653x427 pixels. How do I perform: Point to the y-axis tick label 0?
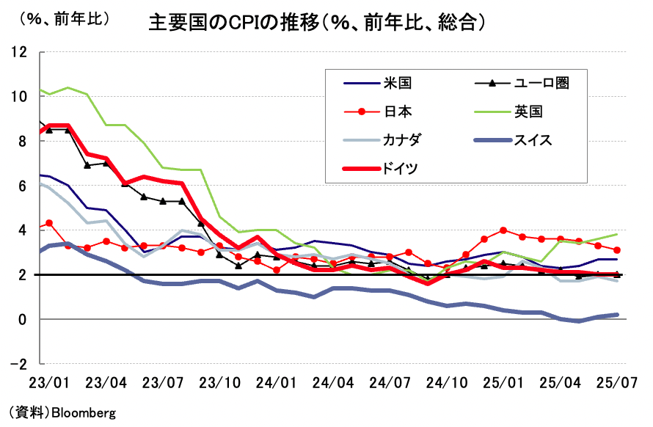(23, 319)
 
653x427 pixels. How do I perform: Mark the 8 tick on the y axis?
(23, 141)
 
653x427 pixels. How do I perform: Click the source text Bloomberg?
(83, 412)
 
